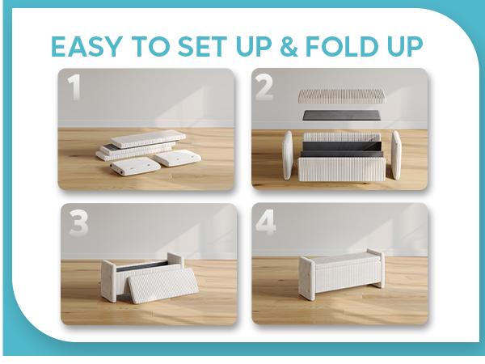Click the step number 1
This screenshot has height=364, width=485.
click(75, 88)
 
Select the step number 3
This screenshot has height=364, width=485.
click(78, 224)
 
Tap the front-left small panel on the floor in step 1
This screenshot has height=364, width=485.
click(132, 168)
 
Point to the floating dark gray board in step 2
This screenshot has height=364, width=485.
click(340, 115)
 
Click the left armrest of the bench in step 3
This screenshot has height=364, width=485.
click(109, 281)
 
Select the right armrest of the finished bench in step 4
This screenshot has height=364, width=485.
click(375, 268)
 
